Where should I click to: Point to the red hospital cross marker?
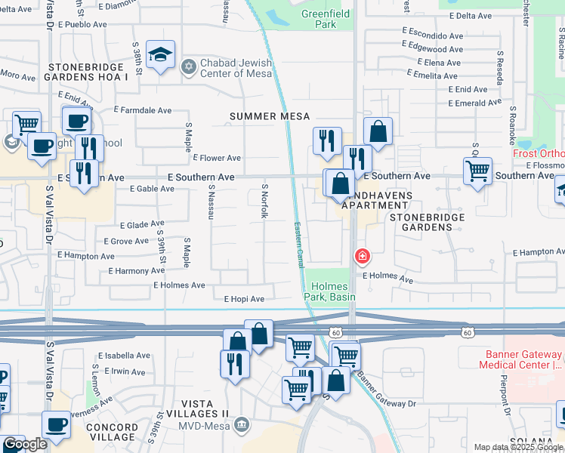click(363, 257)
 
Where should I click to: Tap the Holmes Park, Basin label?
click(330, 291)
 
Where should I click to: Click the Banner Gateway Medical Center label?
click(520, 359)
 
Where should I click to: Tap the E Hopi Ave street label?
click(244, 299)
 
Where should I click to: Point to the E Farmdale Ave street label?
click(143, 110)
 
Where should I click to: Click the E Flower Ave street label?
click(217, 158)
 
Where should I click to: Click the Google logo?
click(25, 445)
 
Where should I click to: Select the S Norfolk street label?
click(265, 202)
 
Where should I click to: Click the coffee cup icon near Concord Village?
click(56, 425)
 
